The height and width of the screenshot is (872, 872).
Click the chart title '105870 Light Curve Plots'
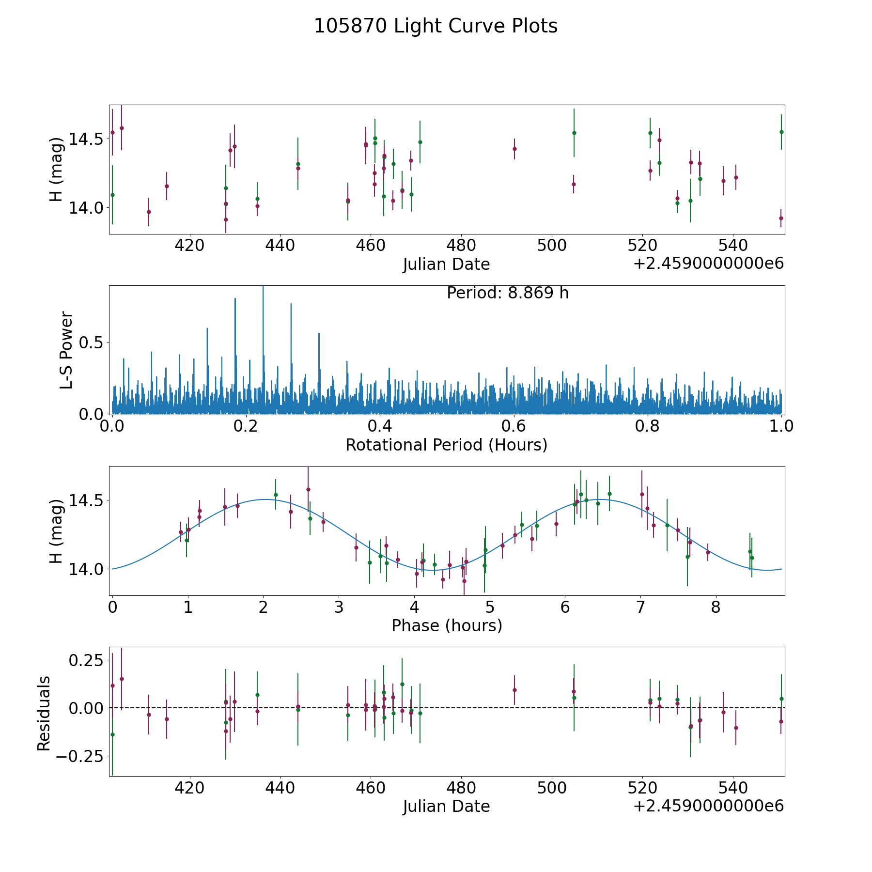click(x=436, y=26)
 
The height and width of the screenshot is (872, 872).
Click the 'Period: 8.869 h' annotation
click(x=507, y=293)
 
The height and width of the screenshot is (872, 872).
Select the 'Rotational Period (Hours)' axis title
click(x=446, y=445)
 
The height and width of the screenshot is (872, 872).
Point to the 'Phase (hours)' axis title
click(x=446, y=626)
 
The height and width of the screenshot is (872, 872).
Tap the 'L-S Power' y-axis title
click(x=67, y=350)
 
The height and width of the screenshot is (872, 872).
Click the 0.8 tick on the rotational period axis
click(x=648, y=426)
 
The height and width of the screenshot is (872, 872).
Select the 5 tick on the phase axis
click(x=490, y=607)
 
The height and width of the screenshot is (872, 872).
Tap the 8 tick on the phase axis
click(x=716, y=607)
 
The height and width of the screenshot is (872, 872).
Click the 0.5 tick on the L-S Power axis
click(x=92, y=343)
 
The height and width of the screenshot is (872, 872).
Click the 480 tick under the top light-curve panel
click(x=461, y=246)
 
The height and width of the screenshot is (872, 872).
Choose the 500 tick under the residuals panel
click(x=552, y=788)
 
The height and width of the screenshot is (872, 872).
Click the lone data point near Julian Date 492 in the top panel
click(x=514, y=149)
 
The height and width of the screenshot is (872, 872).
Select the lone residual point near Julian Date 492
click(x=514, y=690)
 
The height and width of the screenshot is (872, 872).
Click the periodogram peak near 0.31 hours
click(x=319, y=334)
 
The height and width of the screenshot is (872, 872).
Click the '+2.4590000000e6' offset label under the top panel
click(x=708, y=264)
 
